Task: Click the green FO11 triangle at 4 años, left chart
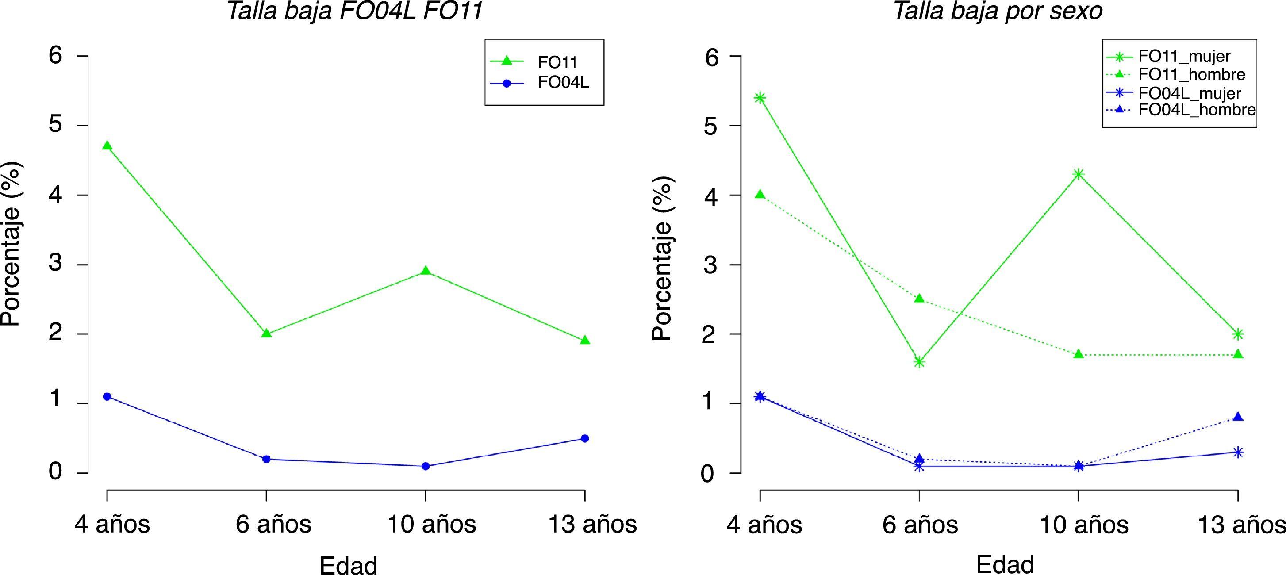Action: [107, 146]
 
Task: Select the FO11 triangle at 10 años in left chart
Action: [425, 271]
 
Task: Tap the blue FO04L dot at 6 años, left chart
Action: [266, 459]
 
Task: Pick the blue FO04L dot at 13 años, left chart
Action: [584, 438]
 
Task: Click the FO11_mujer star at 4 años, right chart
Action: [760, 97]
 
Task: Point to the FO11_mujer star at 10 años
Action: [1079, 174]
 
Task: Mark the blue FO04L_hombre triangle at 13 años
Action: [1238, 417]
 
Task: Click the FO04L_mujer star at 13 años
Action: [1238, 452]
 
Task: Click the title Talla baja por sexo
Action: [998, 11]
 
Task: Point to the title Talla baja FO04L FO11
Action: [354, 11]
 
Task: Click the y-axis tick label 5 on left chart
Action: [55, 125]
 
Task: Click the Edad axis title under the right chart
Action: [1005, 564]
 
